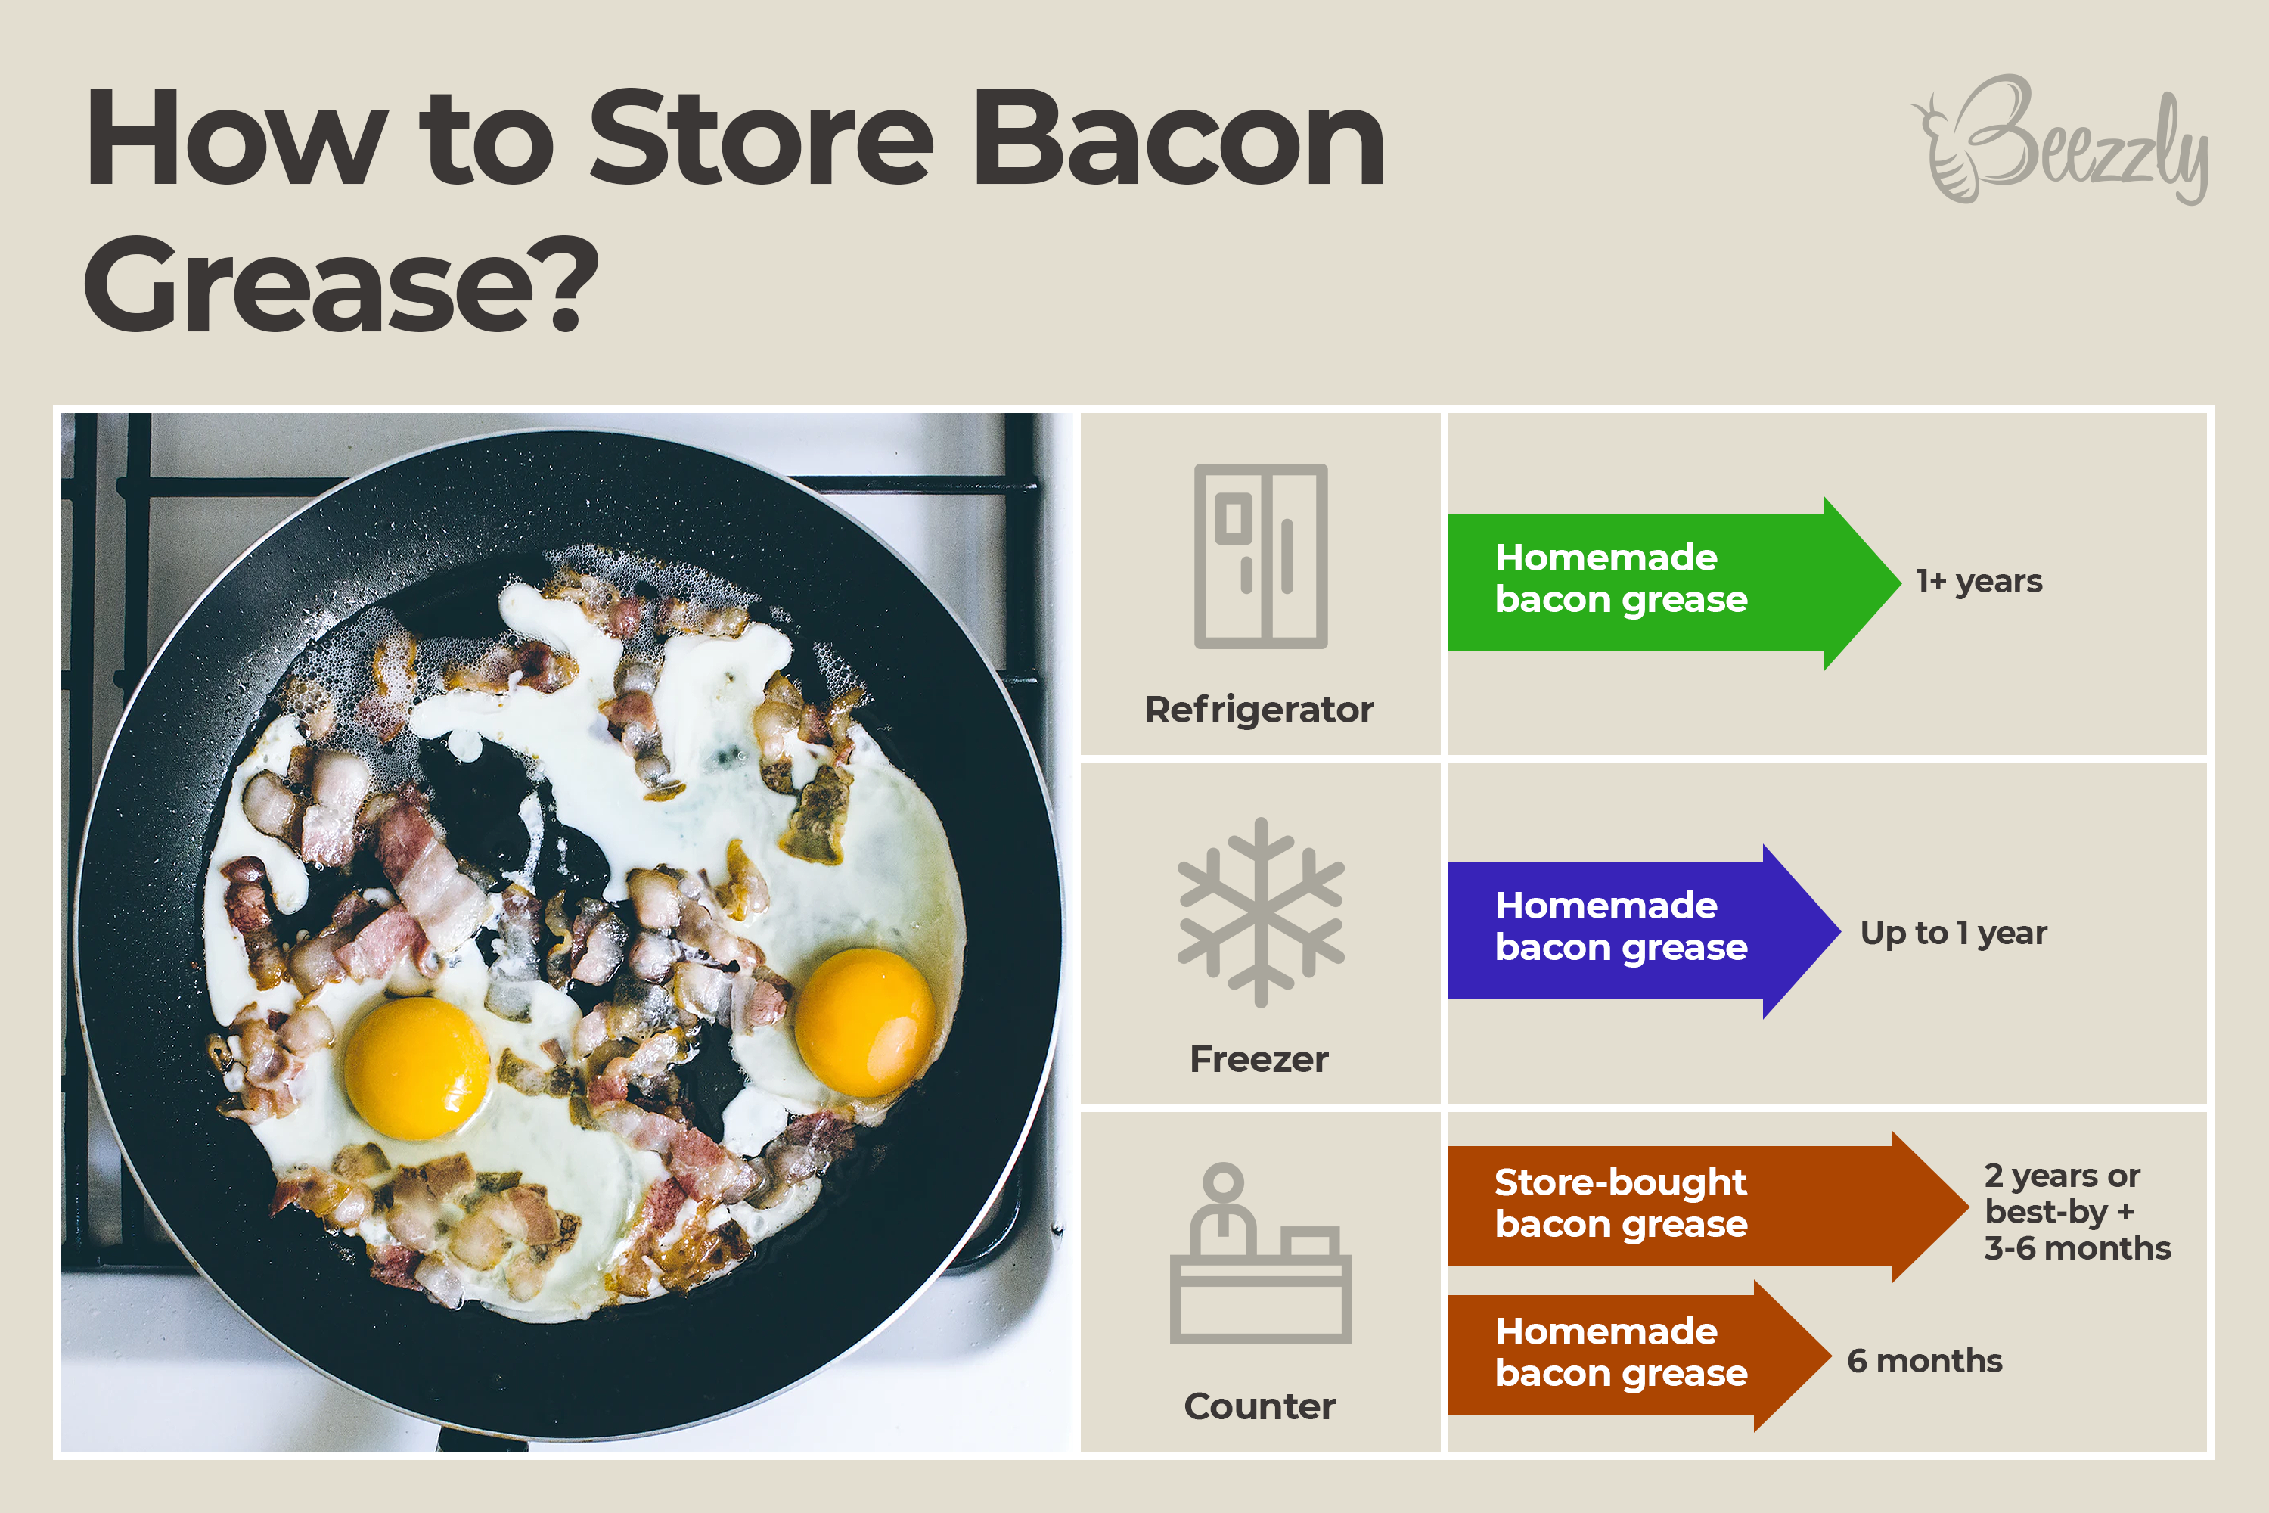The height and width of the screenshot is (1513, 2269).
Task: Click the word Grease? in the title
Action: [x=342, y=284]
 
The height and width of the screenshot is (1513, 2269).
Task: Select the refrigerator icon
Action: [x=1260, y=556]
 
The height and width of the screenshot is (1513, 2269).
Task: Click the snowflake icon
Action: [x=1260, y=913]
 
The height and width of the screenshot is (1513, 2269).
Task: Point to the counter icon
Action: [x=1260, y=1253]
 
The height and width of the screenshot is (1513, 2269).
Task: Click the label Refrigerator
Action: [x=1259, y=710]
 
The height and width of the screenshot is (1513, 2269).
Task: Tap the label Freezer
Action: [x=1259, y=1060]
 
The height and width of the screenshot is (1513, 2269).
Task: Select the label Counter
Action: [x=1259, y=1407]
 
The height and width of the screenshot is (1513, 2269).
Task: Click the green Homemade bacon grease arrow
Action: [x=1674, y=583]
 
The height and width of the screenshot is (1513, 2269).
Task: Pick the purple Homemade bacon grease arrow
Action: [x=1644, y=931]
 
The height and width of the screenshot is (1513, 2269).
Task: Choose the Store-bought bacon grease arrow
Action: [x=1709, y=1206]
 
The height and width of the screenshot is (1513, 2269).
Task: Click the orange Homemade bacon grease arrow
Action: [x=1639, y=1356]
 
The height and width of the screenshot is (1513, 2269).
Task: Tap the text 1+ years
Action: [x=1979, y=582]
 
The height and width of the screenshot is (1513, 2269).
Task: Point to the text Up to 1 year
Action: [x=1954, y=933]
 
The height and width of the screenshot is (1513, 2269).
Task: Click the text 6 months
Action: [x=1925, y=1360]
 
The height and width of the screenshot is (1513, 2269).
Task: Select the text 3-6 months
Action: [x=2077, y=1249]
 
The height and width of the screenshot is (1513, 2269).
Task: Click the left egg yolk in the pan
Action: [x=417, y=1068]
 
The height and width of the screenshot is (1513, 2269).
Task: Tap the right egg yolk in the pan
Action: [x=865, y=1023]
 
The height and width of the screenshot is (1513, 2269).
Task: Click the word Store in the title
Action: [x=761, y=138]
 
